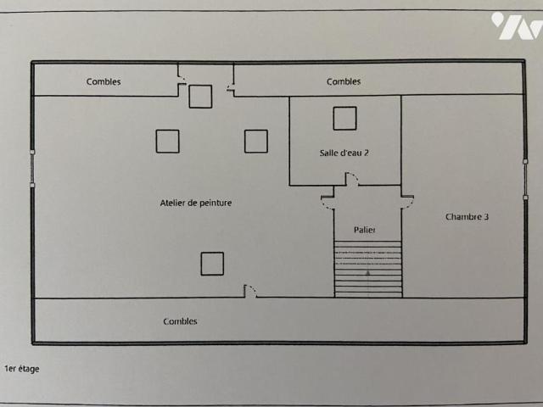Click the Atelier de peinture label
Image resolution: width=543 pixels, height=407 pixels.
[x=196, y=203]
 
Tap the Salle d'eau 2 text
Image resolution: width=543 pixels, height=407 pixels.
[x=344, y=153]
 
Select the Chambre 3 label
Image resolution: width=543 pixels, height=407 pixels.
[x=467, y=217]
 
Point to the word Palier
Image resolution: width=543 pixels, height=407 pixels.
[x=366, y=231]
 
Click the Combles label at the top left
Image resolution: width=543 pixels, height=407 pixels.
[x=104, y=82]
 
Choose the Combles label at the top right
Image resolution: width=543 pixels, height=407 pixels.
[x=344, y=82]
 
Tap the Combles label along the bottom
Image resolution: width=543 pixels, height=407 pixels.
[x=180, y=321]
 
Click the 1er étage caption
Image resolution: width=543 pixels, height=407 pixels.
[x=22, y=369]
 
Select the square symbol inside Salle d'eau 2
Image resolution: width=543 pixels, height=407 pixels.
[x=344, y=119]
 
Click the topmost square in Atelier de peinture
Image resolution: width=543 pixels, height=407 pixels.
[x=200, y=97]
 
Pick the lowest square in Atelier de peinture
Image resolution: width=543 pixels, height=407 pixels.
[x=212, y=264]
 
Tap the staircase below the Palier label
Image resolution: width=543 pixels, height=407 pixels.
[x=368, y=269]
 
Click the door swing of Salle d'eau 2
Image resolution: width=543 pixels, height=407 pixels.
[x=351, y=179]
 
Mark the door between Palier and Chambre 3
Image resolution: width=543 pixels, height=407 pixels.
[x=407, y=200]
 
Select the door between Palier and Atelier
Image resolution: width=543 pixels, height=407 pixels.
[x=327, y=200]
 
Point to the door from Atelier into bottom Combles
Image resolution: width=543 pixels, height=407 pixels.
[x=250, y=291]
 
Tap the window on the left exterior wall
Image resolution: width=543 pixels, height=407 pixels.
[x=32, y=167]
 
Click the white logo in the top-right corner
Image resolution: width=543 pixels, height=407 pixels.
[x=516, y=25]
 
